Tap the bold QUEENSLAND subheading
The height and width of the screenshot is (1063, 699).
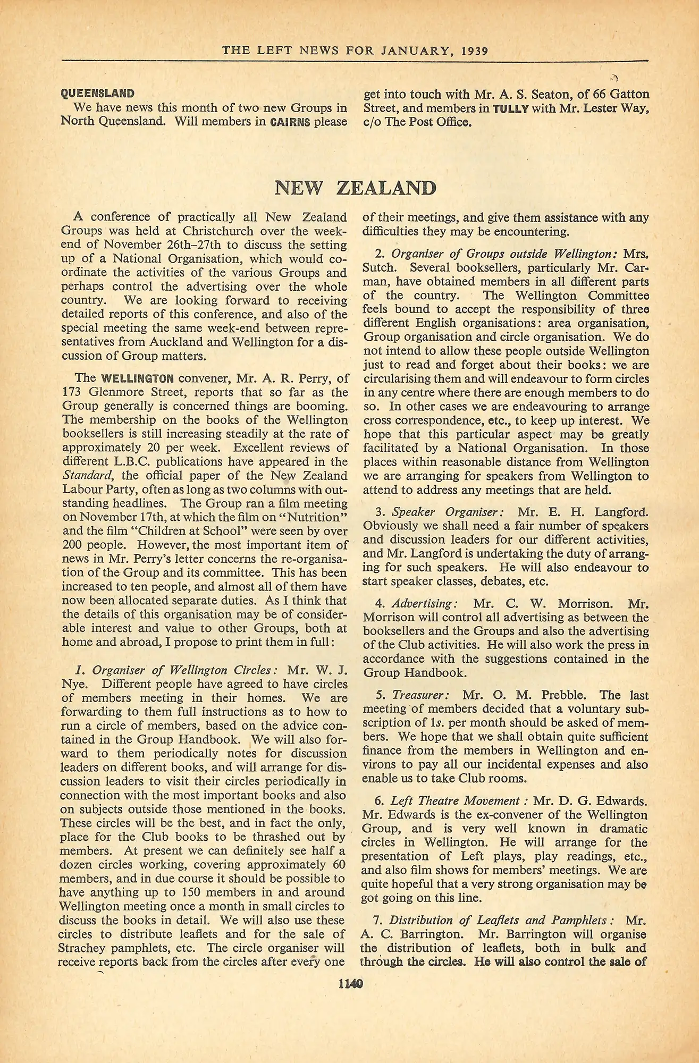coord(97,94)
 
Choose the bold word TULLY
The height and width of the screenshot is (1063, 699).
coord(511,108)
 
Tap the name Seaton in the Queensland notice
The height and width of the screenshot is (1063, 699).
coord(537,95)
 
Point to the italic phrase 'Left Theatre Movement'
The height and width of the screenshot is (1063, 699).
coord(454,801)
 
